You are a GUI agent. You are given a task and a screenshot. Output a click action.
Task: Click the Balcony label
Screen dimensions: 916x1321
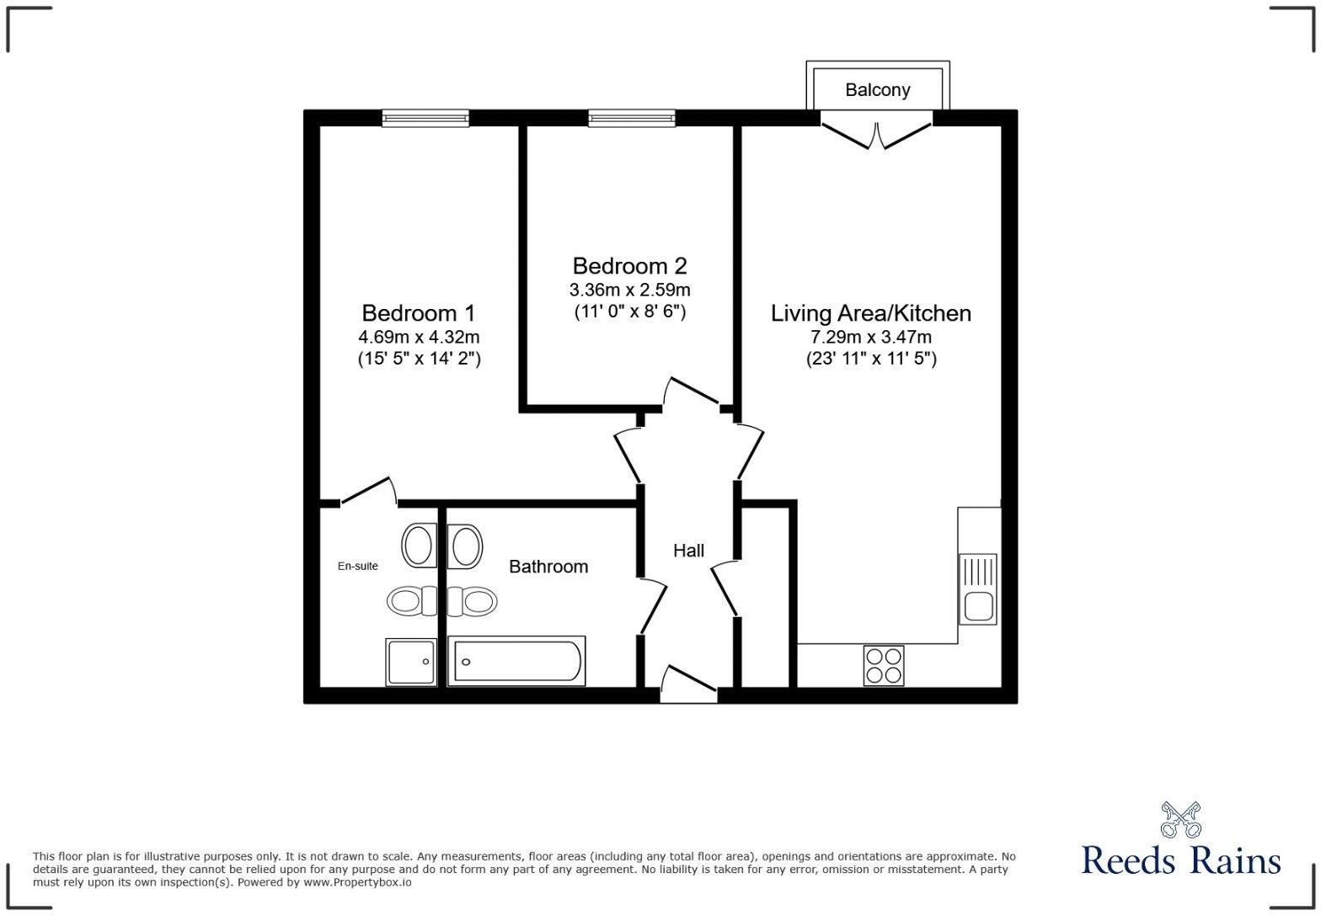[877, 90]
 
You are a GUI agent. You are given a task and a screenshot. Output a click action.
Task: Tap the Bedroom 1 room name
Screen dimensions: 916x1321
[418, 313]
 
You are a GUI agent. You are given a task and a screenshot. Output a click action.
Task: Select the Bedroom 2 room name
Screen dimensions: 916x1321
[629, 266]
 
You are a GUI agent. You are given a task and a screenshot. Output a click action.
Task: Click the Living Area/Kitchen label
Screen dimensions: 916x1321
[871, 313]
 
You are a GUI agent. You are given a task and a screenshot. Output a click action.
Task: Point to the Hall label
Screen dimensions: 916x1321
[688, 551]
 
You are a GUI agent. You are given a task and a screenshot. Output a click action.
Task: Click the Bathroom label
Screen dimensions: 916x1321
[548, 567]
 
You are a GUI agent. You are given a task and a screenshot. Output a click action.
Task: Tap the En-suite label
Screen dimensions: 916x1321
[358, 566]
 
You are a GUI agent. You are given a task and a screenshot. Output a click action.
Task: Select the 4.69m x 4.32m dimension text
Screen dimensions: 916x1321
[419, 337]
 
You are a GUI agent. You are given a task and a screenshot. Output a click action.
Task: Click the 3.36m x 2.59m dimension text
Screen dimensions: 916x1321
[629, 290]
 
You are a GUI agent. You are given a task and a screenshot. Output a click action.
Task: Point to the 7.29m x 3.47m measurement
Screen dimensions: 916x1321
[871, 338]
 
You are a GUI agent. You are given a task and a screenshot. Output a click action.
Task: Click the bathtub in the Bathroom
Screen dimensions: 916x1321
[516, 661]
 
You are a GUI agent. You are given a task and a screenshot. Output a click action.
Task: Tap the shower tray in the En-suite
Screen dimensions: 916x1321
[412, 662]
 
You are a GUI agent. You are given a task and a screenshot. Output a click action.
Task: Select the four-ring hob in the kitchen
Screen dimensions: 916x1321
[883, 665]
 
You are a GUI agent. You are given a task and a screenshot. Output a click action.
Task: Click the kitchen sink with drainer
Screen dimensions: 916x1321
[977, 588]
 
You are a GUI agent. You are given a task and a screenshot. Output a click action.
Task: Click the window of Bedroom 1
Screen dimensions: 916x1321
[425, 119]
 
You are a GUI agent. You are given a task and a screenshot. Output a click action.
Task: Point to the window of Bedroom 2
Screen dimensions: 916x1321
[632, 119]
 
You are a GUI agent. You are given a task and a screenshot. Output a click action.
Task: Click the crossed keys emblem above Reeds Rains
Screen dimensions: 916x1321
[1180, 819]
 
